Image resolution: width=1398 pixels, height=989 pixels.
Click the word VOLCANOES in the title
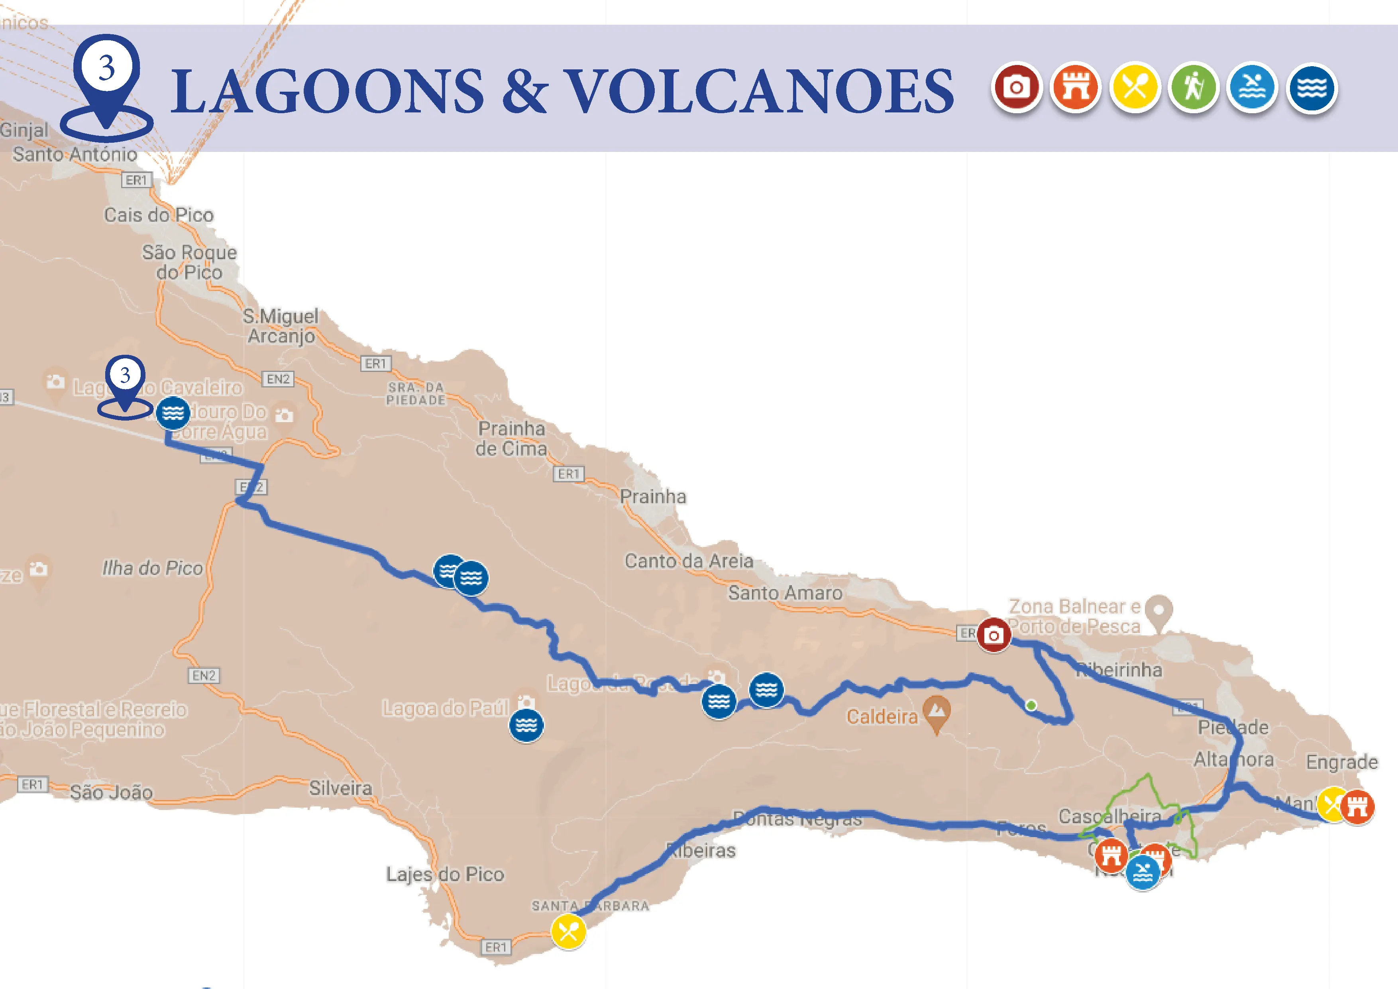click(x=761, y=91)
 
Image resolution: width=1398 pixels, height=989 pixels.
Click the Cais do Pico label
click(x=159, y=215)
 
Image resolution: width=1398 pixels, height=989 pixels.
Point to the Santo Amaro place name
click(x=785, y=592)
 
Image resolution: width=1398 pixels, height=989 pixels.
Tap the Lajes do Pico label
click(x=445, y=875)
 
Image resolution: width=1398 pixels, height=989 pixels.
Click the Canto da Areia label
click(x=689, y=561)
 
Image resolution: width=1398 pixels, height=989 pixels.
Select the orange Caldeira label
click(x=882, y=717)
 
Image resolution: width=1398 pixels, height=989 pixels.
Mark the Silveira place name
click(x=340, y=788)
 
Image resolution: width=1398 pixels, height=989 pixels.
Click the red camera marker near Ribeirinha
click(x=994, y=635)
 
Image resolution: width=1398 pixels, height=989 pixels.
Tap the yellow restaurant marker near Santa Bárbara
click(x=569, y=931)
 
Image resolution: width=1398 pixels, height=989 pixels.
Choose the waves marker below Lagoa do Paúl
click(x=526, y=726)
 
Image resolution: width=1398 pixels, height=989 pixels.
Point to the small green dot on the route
click(x=1031, y=705)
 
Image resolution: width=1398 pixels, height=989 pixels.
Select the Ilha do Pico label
click(x=152, y=568)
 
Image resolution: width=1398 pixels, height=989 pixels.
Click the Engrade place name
click(x=1341, y=762)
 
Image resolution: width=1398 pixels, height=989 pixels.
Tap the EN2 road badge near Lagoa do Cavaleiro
click(x=278, y=379)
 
